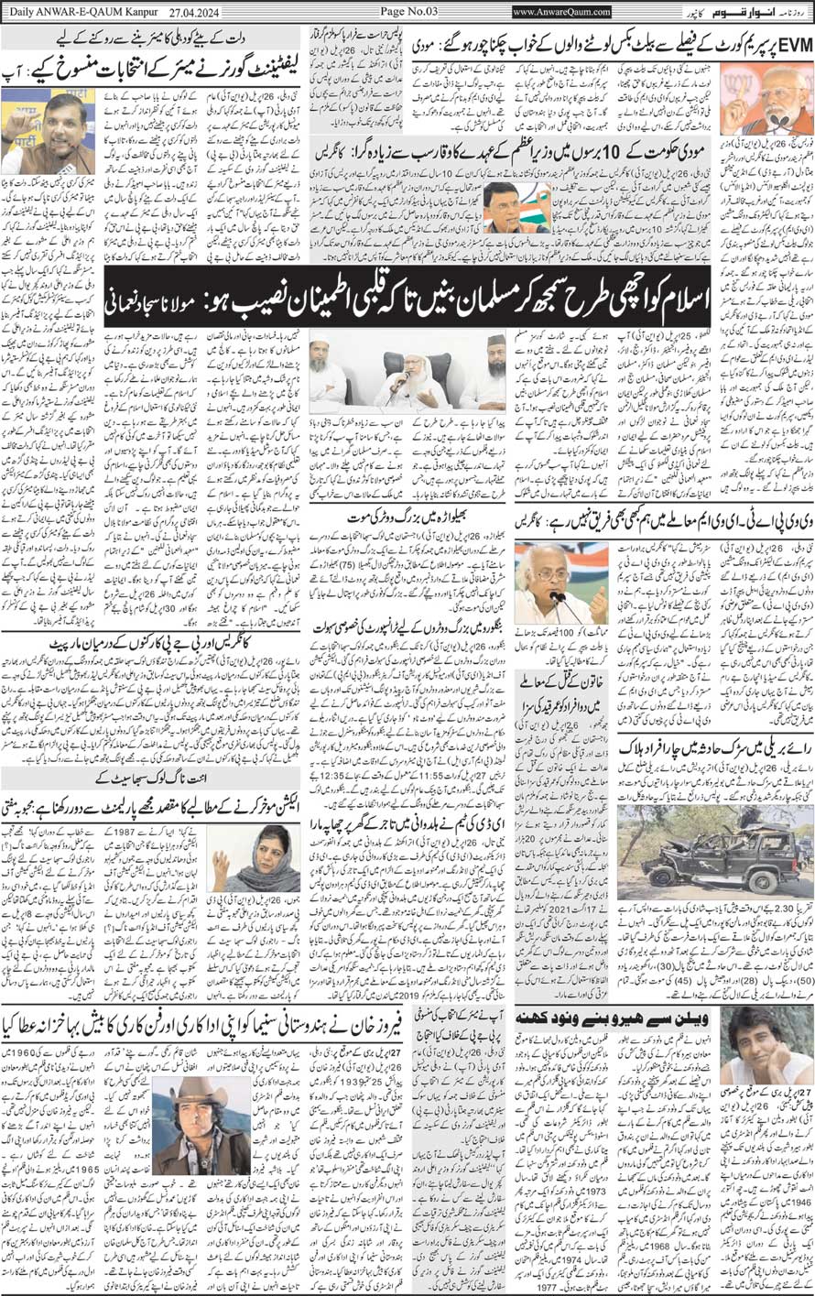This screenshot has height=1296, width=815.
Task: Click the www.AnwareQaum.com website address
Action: pyautogui.click(x=560, y=12)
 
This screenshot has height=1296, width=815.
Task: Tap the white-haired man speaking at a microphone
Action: pyautogui.click(x=552, y=583)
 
